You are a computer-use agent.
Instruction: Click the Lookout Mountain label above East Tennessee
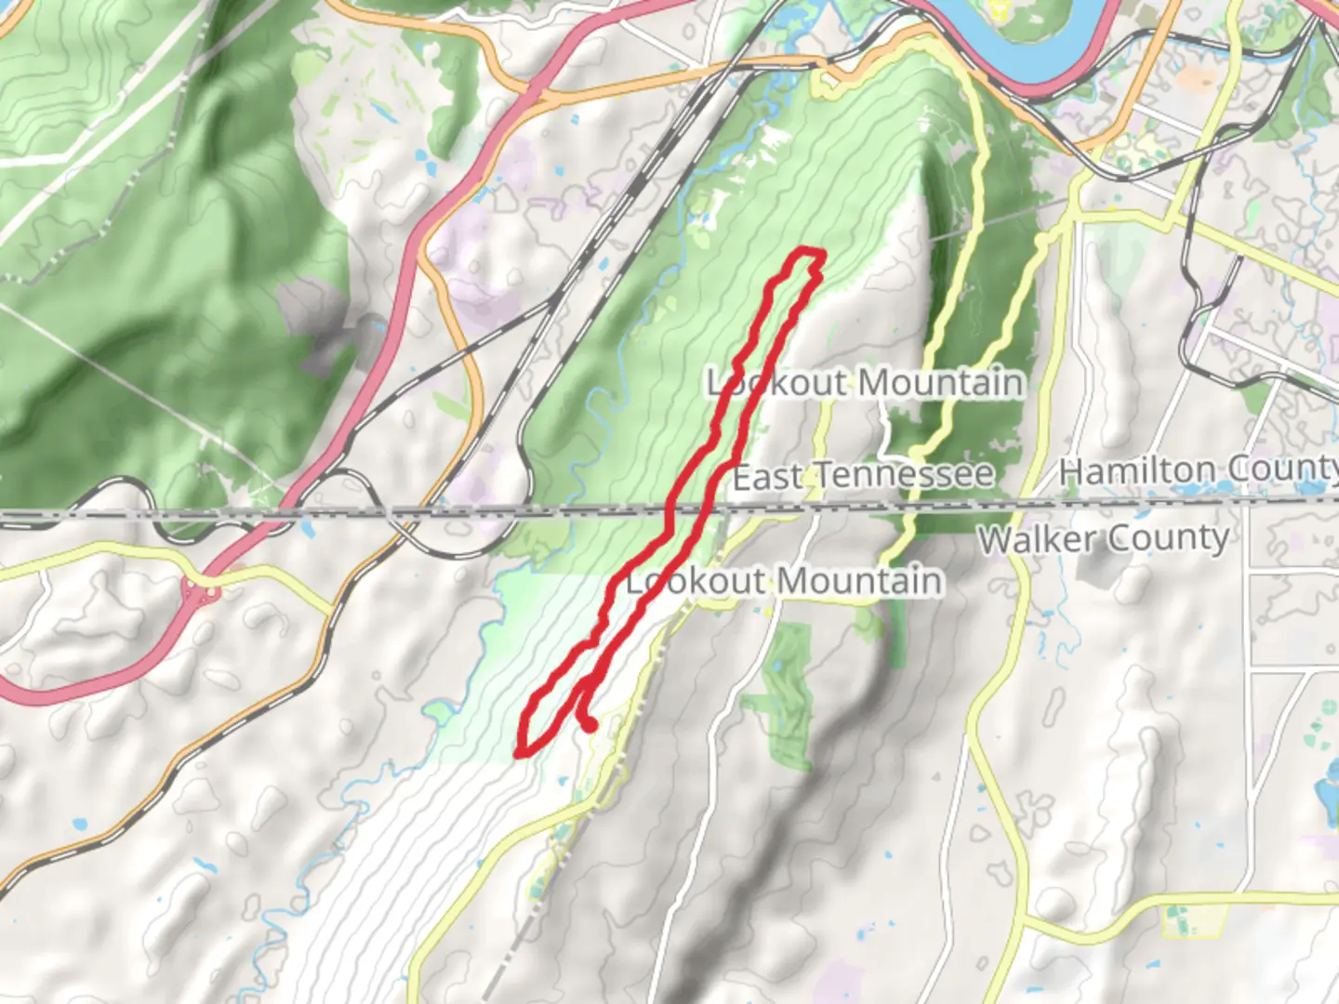pyautogui.click(x=865, y=383)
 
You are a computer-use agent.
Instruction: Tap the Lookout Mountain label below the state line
pyautogui.click(x=784, y=582)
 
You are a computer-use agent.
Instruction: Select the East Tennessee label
pyautogui.click(x=863, y=476)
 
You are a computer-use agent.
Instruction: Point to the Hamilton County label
pyautogui.click(x=1198, y=469)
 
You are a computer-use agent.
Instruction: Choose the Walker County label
pyautogui.click(x=1104, y=538)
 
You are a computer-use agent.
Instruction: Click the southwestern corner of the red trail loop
pyautogui.click(x=523, y=749)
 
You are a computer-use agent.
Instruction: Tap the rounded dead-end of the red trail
pyautogui.click(x=590, y=725)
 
